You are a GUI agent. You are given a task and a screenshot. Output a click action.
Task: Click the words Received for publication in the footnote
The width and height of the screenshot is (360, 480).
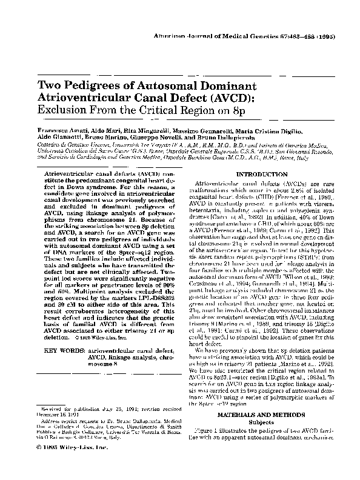pyautogui.click(x=71, y=410)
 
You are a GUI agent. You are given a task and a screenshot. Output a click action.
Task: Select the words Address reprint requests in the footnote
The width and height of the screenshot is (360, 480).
pyautogui.click(x=72, y=421)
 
